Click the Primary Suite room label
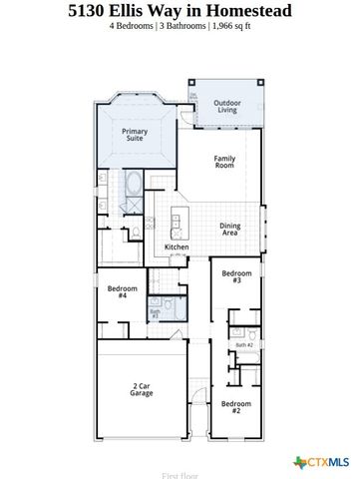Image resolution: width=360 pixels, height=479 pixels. point(135,135)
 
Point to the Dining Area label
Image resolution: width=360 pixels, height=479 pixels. point(229,230)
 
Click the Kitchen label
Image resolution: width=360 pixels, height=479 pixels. point(177,247)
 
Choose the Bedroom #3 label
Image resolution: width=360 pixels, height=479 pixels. point(236,277)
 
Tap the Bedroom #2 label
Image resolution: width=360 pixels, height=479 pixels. point(236,407)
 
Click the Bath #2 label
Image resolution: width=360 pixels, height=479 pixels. point(243,344)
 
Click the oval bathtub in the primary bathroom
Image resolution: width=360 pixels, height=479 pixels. point(134,183)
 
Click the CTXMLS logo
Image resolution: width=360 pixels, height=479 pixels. point(321,461)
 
